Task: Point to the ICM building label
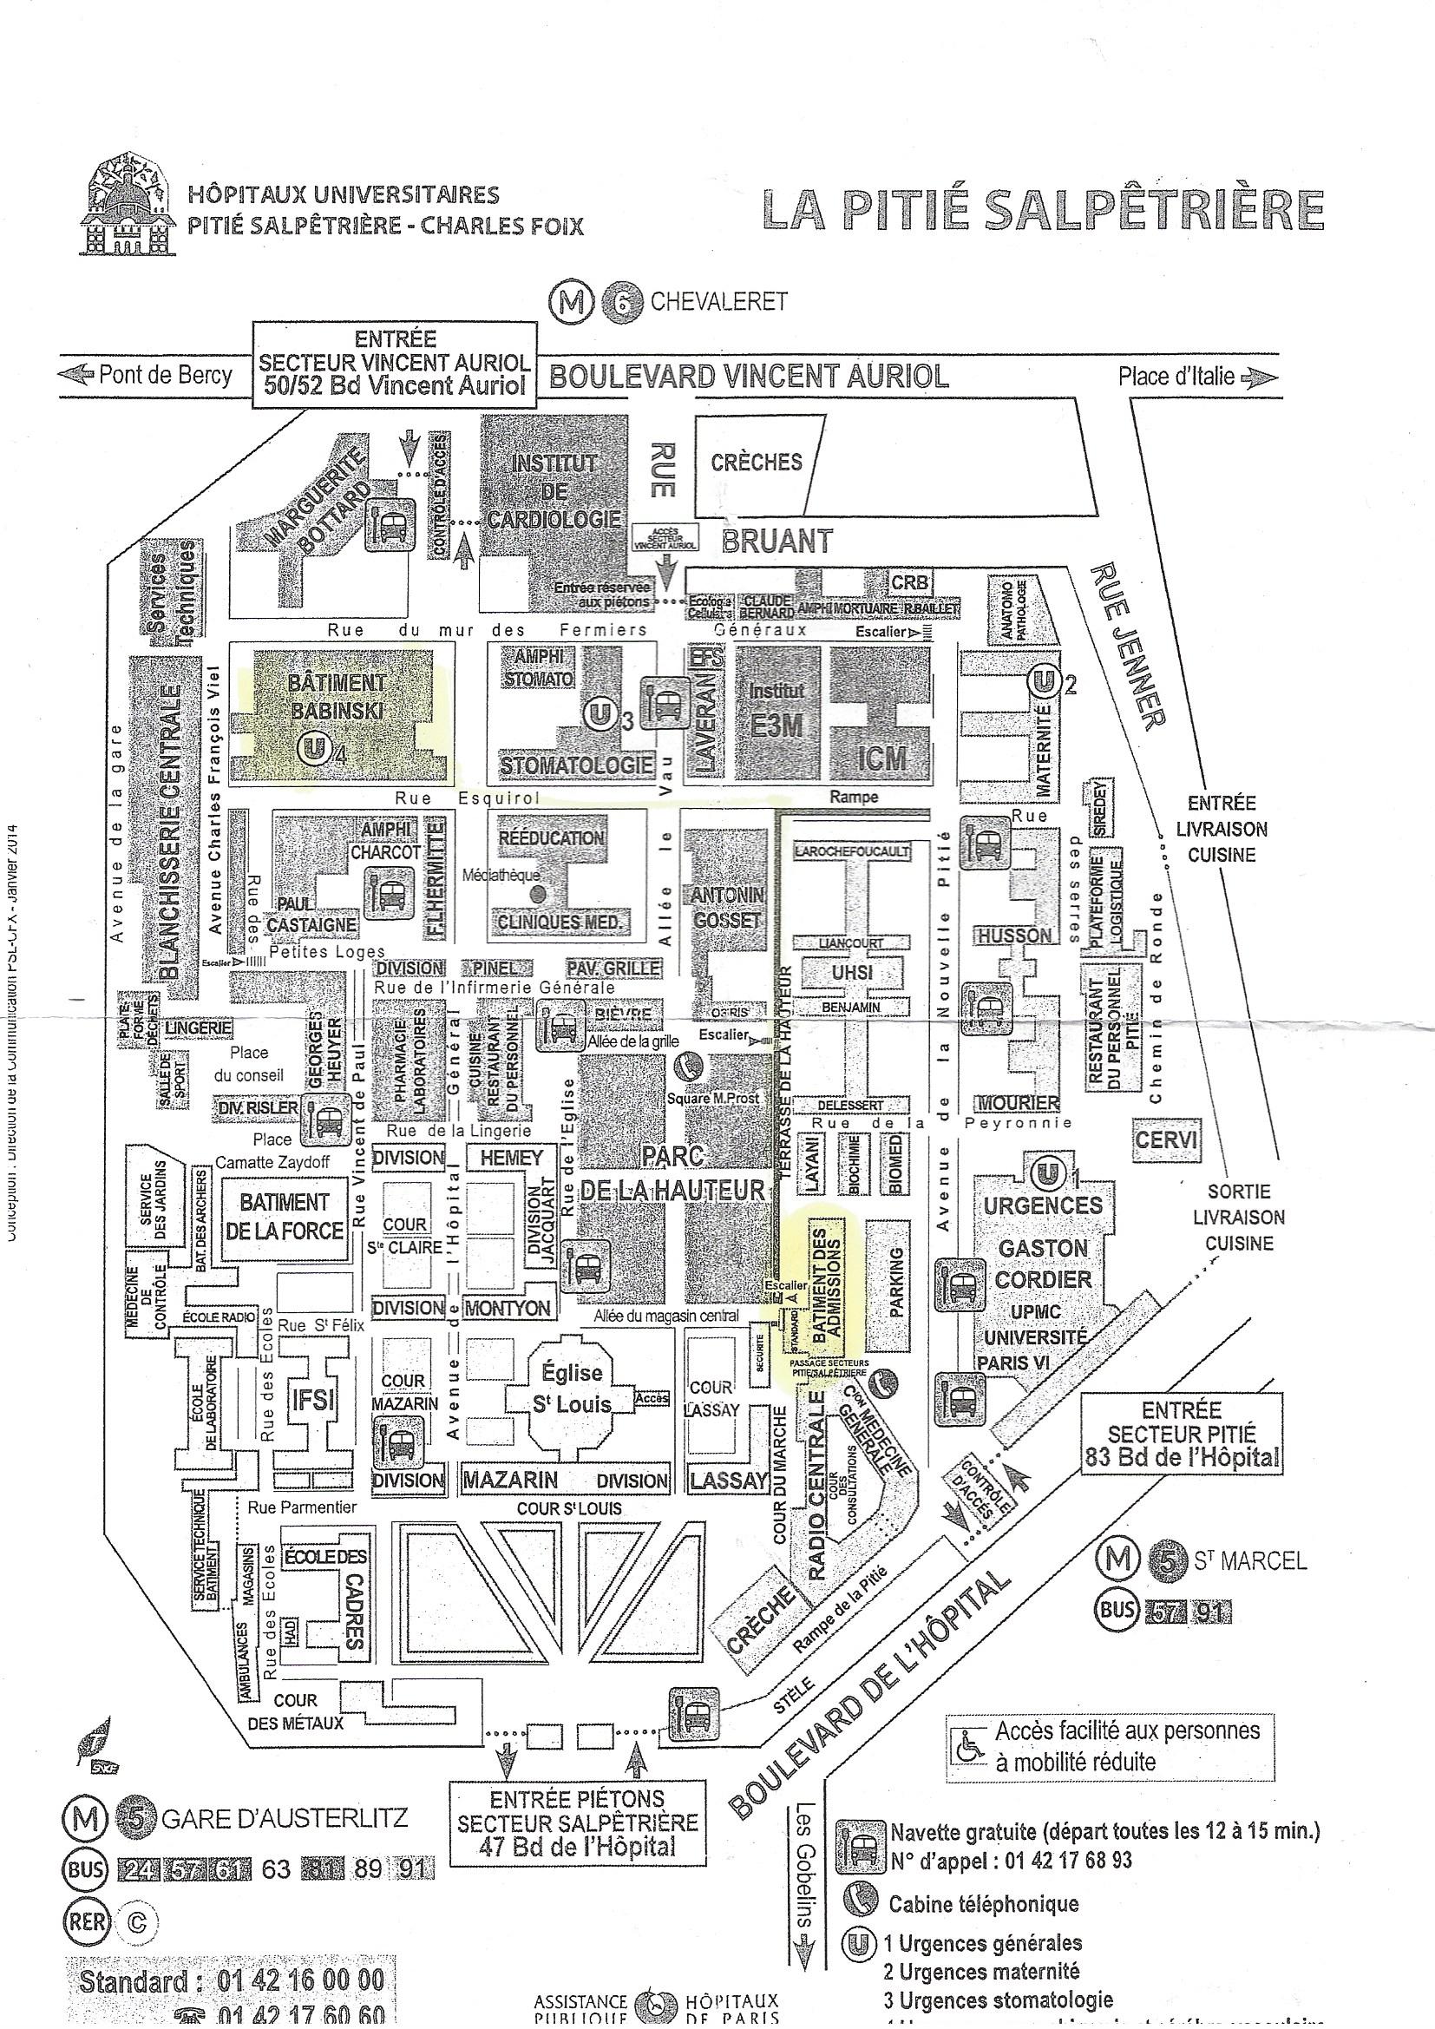coord(881,758)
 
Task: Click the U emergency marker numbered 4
coord(312,750)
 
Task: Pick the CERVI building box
coord(1165,1140)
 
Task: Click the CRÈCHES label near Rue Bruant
coord(757,463)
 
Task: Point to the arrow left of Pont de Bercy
coord(75,375)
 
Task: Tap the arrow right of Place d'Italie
coord(1259,378)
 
